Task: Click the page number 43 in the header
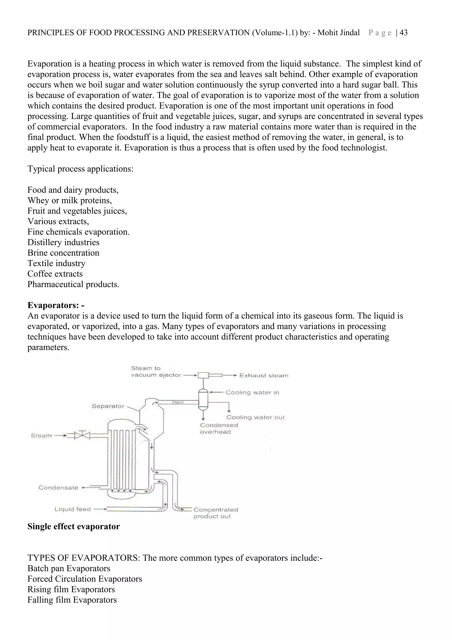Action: tap(403, 33)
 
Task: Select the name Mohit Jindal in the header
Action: tap(339, 33)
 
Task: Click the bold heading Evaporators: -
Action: tap(56, 305)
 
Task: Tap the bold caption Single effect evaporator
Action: tap(73, 526)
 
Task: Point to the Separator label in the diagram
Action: tap(108, 406)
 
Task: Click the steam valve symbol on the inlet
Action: tap(82, 435)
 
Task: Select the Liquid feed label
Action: tap(73, 509)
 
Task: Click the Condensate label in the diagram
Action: tap(58, 488)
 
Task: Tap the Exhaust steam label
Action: tap(264, 375)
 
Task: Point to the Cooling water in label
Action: tap(252, 392)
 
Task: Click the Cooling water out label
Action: tap(255, 417)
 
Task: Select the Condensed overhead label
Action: tap(219, 428)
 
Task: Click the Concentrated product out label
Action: tap(216, 513)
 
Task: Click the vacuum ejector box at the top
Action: tap(203, 375)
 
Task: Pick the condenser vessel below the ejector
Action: tap(203, 399)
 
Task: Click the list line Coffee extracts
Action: tap(55, 274)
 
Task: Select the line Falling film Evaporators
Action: tap(72, 600)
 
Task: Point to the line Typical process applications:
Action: tap(80, 169)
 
